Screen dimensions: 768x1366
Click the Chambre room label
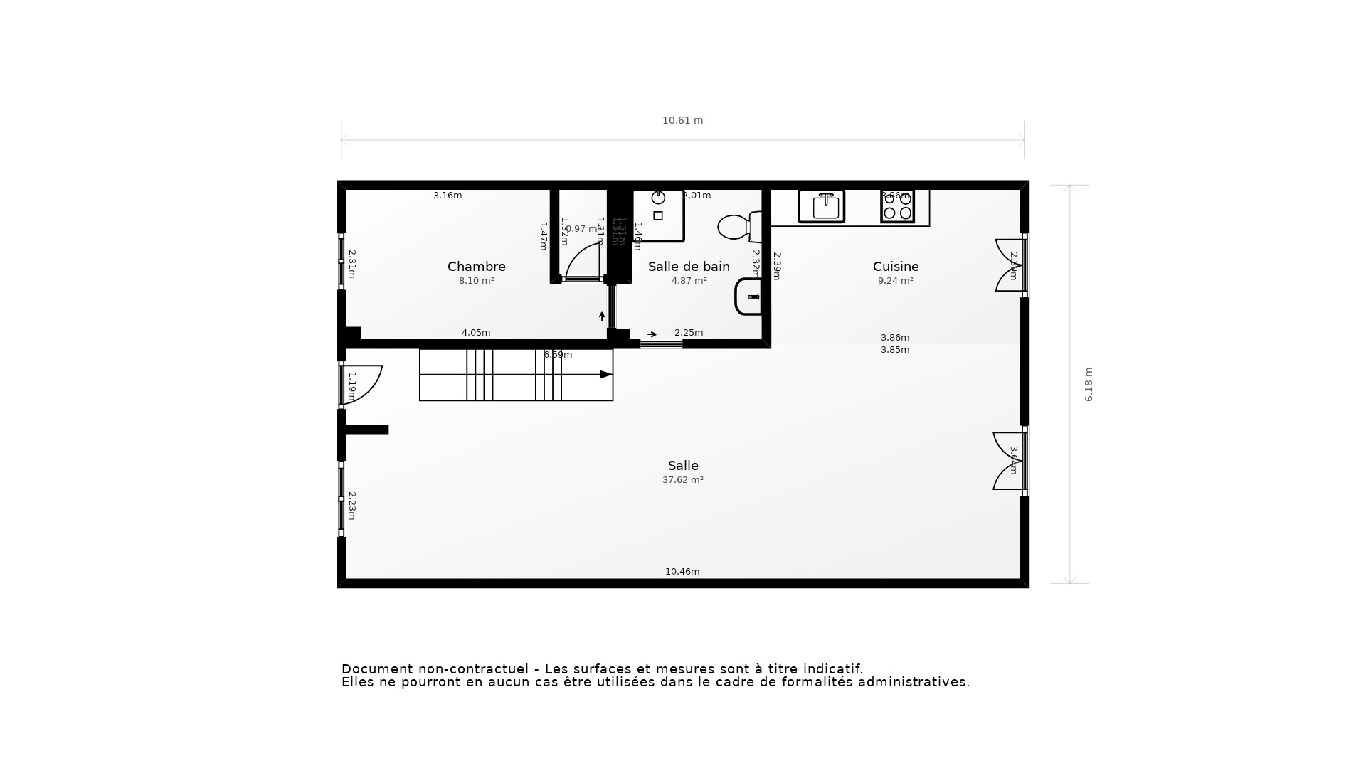(x=476, y=267)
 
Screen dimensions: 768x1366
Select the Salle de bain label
(x=689, y=267)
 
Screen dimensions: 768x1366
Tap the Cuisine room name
(x=896, y=267)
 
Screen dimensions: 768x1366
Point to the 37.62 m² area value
(x=682, y=480)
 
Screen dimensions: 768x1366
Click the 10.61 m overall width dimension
(x=682, y=121)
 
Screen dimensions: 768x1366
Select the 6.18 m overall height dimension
(x=1089, y=385)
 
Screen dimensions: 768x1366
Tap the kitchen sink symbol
(x=821, y=206)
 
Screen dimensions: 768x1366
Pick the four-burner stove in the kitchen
(x=897, y=206)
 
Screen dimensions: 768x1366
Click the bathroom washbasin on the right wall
(x=748, y=297)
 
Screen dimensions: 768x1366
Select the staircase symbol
(x=516, y=375)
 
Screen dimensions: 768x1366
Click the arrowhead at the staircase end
(x=606, y=375)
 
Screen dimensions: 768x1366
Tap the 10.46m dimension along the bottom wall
(x=682, y=572)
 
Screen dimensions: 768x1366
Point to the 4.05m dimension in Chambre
(x=476, y=333)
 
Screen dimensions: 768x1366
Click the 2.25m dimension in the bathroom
(x=688, y=333)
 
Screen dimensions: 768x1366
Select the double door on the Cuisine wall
(x=1010, y=265)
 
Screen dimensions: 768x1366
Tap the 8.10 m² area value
(x=476, y=281)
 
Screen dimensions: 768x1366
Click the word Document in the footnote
(x=377, y=669)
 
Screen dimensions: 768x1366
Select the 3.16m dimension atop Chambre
(x=448, y=196)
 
